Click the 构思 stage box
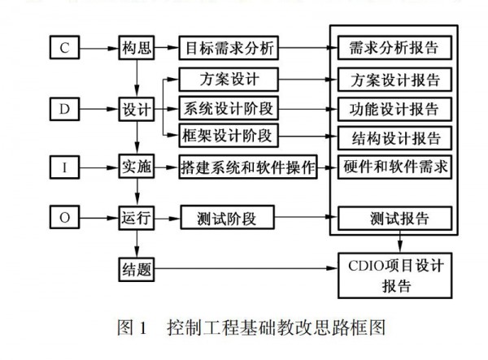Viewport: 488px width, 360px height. click(137, 49)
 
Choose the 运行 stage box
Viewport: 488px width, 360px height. click(137, 218)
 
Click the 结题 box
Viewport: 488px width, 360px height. click(137, 269)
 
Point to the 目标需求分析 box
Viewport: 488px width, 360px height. click(229, 49)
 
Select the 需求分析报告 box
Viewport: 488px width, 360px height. click(393, 49)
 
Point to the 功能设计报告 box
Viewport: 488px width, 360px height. click(393, 108)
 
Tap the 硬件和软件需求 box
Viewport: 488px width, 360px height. click(394, 165)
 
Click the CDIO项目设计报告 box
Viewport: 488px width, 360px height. click(394, 275)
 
